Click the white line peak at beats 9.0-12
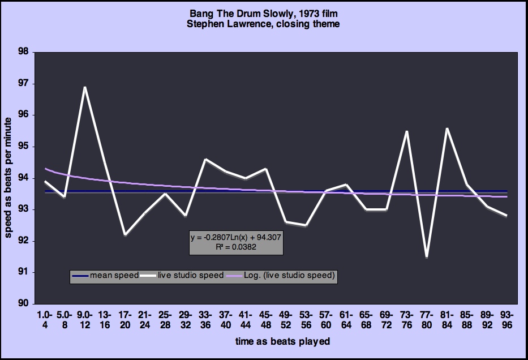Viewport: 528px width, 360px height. (x=84, y=87)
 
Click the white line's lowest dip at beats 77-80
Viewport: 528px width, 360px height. (x=426, y=256)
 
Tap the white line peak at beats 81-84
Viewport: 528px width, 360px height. (x=447, y=128)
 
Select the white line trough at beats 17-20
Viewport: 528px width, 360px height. (x=125, y=234)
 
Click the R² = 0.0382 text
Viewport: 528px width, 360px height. (x=236, y=246)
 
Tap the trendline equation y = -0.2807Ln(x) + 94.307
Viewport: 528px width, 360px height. (x=236, y=237)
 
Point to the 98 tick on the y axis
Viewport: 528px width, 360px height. (x=23, y=52)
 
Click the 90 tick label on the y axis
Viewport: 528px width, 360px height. (x=23, y=304)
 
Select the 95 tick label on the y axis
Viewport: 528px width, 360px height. (x=23, y=147)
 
